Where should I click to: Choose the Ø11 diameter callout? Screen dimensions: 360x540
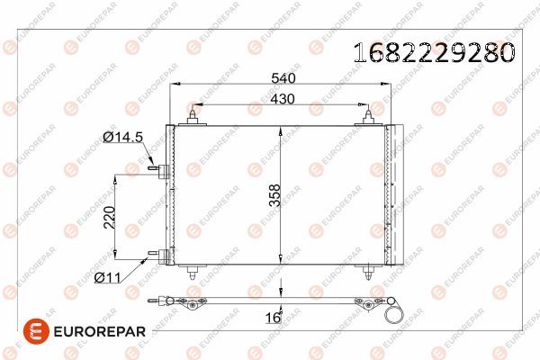point(108,277)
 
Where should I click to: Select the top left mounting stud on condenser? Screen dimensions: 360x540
point(193,117)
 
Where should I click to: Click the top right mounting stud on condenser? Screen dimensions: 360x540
point(368,117)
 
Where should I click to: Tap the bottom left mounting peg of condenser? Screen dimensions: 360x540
point(194,271)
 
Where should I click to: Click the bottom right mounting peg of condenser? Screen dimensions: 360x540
point(366,271)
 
